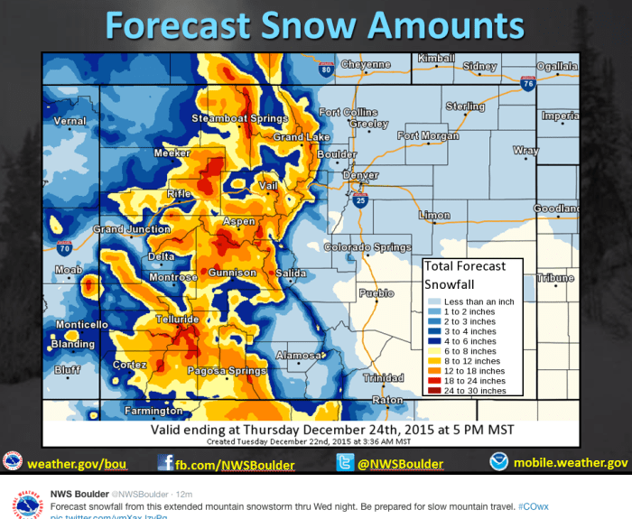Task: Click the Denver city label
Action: point(361,175)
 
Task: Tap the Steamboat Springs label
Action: point(239,118)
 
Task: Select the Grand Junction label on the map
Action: point(133,229)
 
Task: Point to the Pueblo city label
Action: point(376,293)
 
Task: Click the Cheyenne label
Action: point(366,65)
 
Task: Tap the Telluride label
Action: point(177,320)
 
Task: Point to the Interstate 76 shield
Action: point(527,82)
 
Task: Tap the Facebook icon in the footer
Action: point(166,463)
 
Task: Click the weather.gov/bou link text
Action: point(77,464)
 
